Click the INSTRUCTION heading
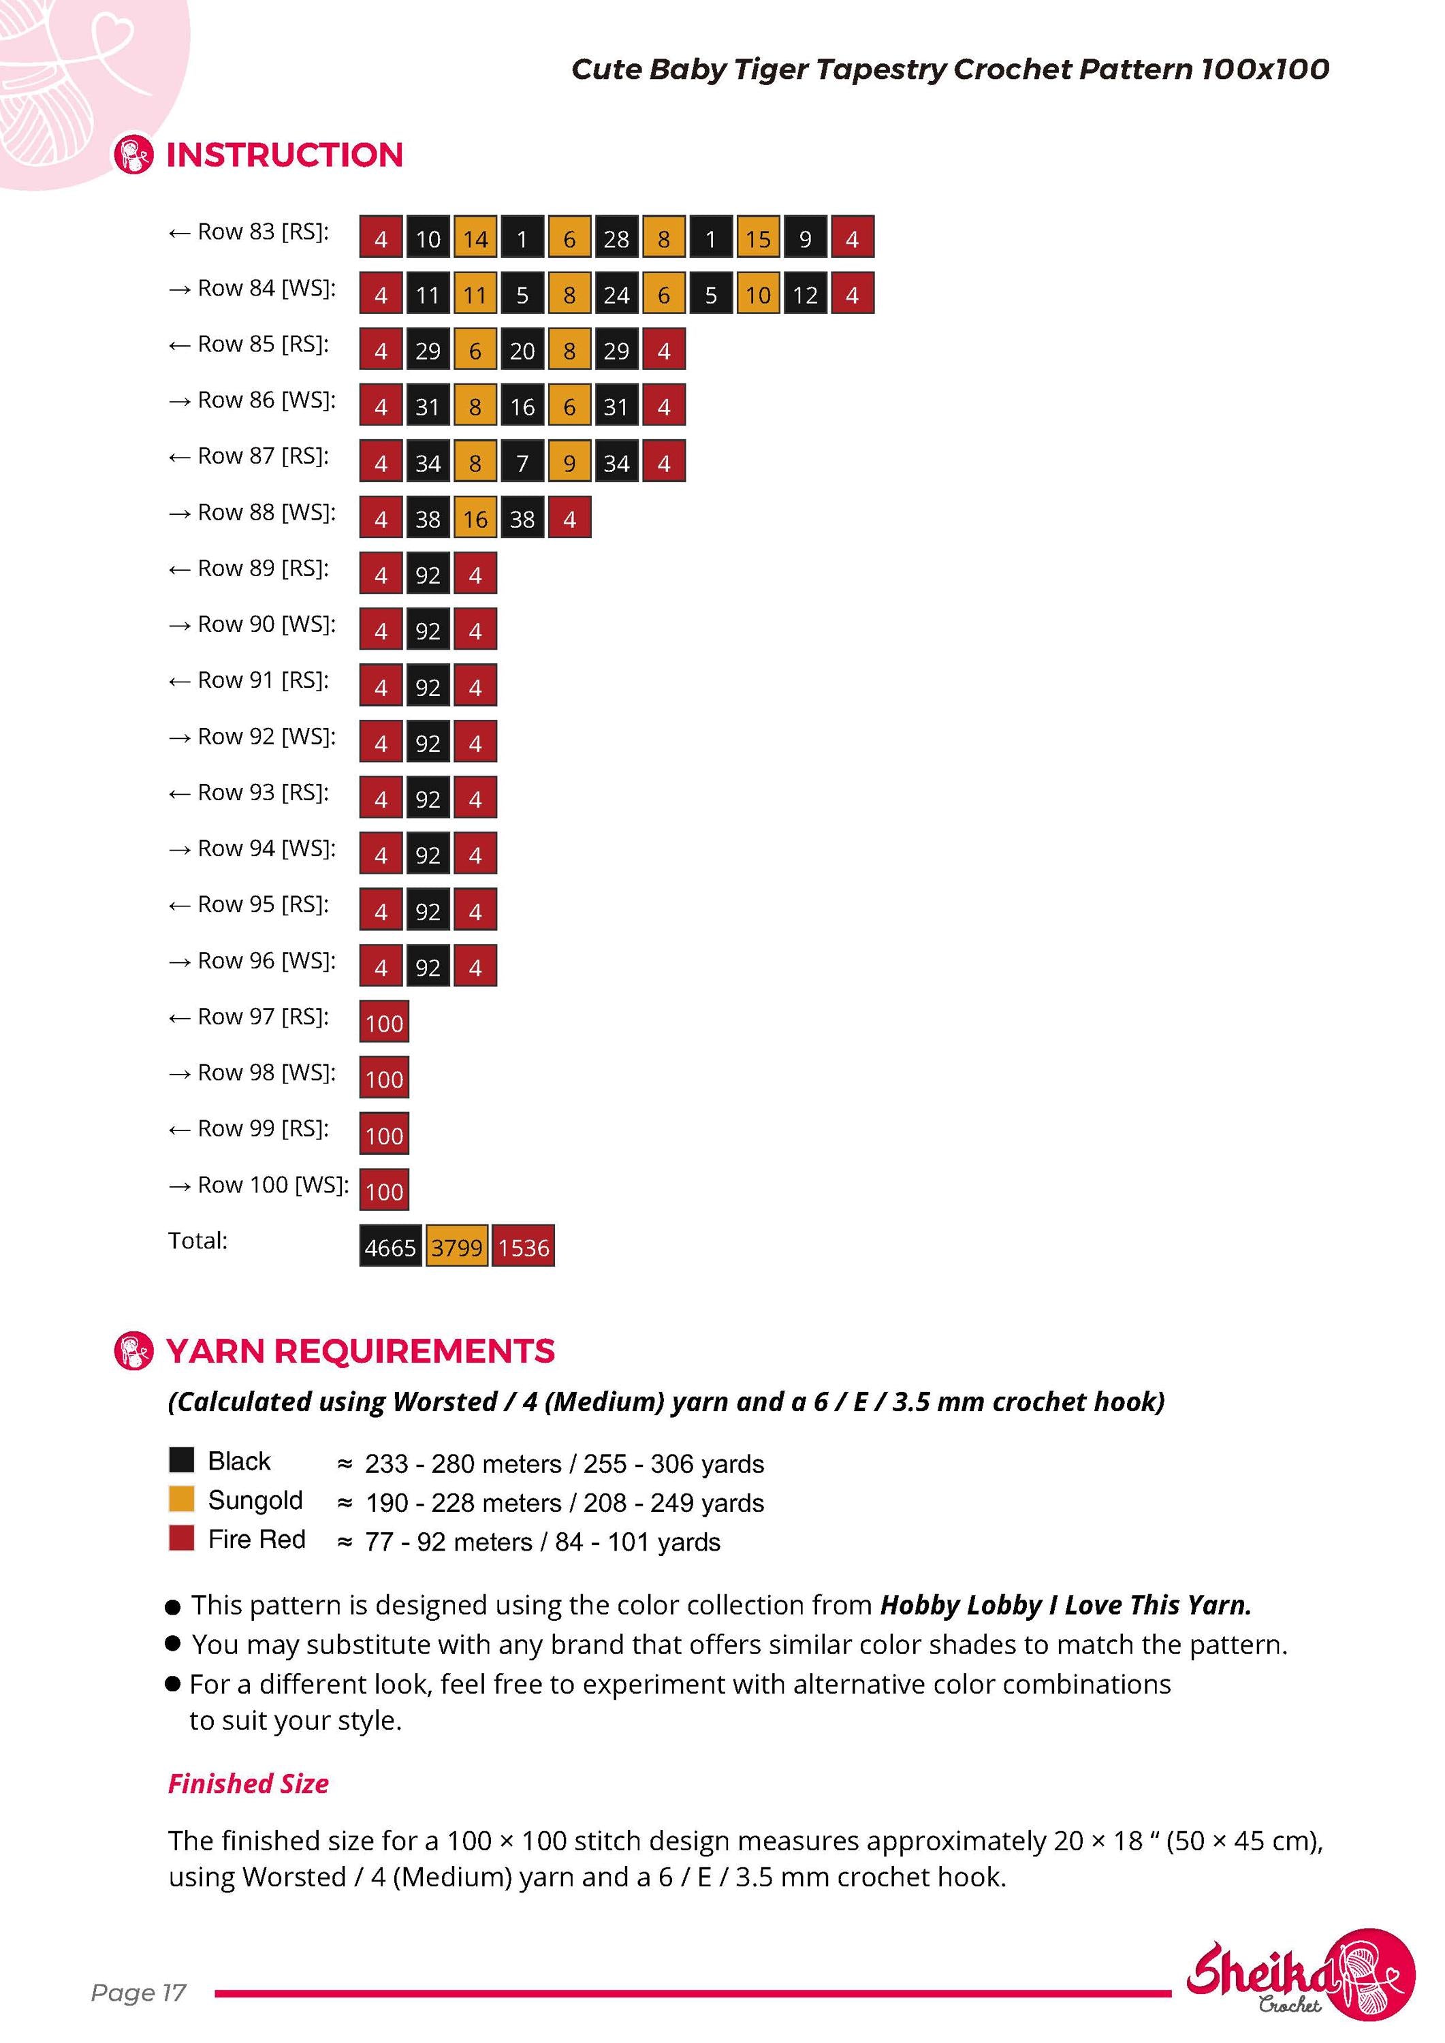pyautogui.click(x=285, y=155)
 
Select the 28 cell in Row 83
pyautogui.click(x=617, y=238)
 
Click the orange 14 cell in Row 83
pyautogui.click(x=475, y=238)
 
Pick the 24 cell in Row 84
pyautogui.click(x=617, y=294)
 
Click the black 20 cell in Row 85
pyautogui.click(x=522, y=350)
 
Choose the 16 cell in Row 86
pyautogui.click(x=522, y=406)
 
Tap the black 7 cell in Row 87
pyautogui.click(x=522, y=462)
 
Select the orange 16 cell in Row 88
pyautogui.click(x=475, y=518)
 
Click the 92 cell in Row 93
pyautogui.click(x=428, y=798)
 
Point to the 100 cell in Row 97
pyautogui.click(x=384, y=1022)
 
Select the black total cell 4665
pyautogui.click(x=391, y=1247)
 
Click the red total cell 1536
pyautogui.click(x=523, y=1247)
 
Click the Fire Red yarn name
pyautogui.click(x=256, y=1538)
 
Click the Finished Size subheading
pyautogui.click(x=249, y=1784)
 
